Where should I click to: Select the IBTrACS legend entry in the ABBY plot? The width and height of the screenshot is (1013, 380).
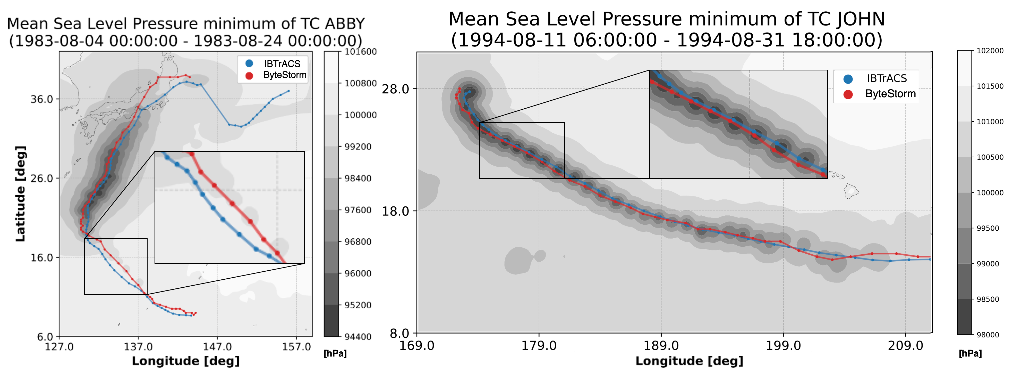pos(282,64)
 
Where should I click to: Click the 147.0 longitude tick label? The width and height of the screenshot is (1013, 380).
pos(217,347)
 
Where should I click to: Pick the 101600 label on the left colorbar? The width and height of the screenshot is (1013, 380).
pos(361,52)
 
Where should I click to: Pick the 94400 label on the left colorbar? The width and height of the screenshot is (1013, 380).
pos(358,337)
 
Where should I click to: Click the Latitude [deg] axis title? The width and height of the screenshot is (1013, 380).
pos(20,194)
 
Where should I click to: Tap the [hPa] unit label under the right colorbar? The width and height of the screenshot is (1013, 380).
pos(970,353)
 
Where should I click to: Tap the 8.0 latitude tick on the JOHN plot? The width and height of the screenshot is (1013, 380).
pos(399,334)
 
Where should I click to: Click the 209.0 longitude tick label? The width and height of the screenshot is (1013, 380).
pos(905,346)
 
